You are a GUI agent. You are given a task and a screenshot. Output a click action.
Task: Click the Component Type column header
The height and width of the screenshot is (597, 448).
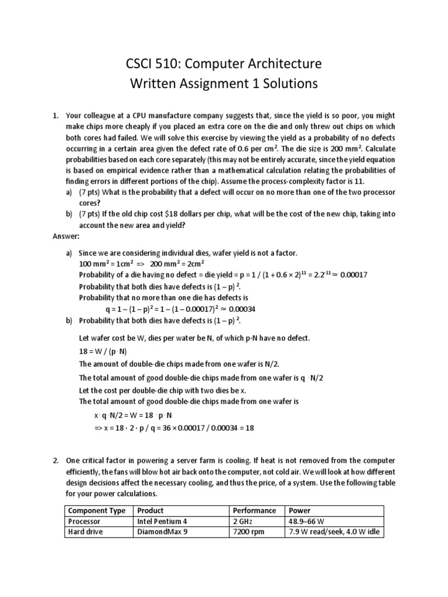pos(96,511)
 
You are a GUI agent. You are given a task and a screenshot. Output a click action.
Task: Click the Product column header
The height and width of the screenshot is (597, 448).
pos(150,511)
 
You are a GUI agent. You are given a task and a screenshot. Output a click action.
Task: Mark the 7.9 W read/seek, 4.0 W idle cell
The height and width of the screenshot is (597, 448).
pos(333,532)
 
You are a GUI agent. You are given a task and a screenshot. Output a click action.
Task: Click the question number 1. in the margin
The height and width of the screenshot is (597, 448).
pos(56,115)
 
